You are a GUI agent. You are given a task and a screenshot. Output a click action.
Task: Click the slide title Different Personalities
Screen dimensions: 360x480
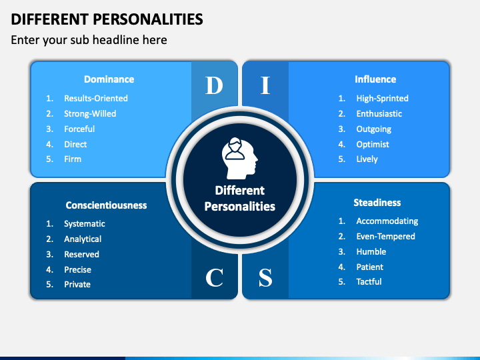pos(107,18)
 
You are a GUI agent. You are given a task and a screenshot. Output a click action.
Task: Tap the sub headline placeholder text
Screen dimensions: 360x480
pos(89,40)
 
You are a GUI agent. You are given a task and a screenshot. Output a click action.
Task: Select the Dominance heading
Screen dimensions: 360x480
pos(109,79)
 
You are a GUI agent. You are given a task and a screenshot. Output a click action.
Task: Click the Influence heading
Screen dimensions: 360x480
pos(375,79)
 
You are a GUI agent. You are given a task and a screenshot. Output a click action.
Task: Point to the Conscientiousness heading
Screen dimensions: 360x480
pos(106,205)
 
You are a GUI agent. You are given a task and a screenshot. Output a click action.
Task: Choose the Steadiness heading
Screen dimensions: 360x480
pos(377,203)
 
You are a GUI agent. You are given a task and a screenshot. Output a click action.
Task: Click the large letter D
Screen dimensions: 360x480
pos(214,85)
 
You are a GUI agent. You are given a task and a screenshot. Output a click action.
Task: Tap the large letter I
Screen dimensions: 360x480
pos(265,85)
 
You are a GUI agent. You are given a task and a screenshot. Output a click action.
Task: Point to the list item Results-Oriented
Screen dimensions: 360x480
pos(96,99)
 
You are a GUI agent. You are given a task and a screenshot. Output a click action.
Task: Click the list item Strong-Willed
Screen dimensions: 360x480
pos(90,114)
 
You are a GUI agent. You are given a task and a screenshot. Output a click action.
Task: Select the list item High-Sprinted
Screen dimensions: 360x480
pos(382,99)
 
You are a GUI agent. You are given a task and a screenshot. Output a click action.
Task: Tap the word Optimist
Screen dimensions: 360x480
pos(373,145)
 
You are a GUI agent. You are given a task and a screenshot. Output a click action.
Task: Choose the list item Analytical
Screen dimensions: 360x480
pos(83,239)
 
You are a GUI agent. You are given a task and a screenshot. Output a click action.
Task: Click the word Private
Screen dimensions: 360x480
pos(77,285)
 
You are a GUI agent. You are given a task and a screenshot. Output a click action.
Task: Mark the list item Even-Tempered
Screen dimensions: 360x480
pos(385,237)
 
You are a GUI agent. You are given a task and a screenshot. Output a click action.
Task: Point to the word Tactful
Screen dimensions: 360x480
pos(369,282)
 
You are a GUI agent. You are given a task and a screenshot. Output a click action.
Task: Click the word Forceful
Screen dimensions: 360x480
pos(79,129)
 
